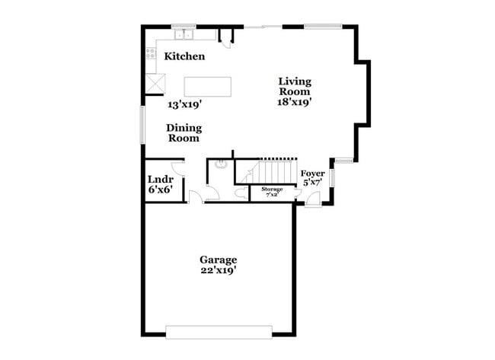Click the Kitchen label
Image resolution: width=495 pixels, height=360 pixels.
184,56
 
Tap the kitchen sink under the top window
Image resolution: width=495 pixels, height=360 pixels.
184,35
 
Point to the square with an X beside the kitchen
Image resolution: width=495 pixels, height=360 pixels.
156,82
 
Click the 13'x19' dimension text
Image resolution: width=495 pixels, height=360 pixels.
184,104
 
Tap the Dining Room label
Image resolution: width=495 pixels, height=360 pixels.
184,133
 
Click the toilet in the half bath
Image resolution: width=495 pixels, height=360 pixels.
240,194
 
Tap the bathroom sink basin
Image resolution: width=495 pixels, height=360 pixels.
222,163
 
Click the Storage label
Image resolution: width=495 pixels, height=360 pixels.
272,189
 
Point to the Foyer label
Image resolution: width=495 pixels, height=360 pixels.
313,174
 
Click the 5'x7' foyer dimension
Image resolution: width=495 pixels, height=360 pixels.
313,183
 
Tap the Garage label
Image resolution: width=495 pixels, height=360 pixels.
219,260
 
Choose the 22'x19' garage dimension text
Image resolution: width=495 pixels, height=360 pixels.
219,271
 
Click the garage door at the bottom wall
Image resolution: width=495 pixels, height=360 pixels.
219,331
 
